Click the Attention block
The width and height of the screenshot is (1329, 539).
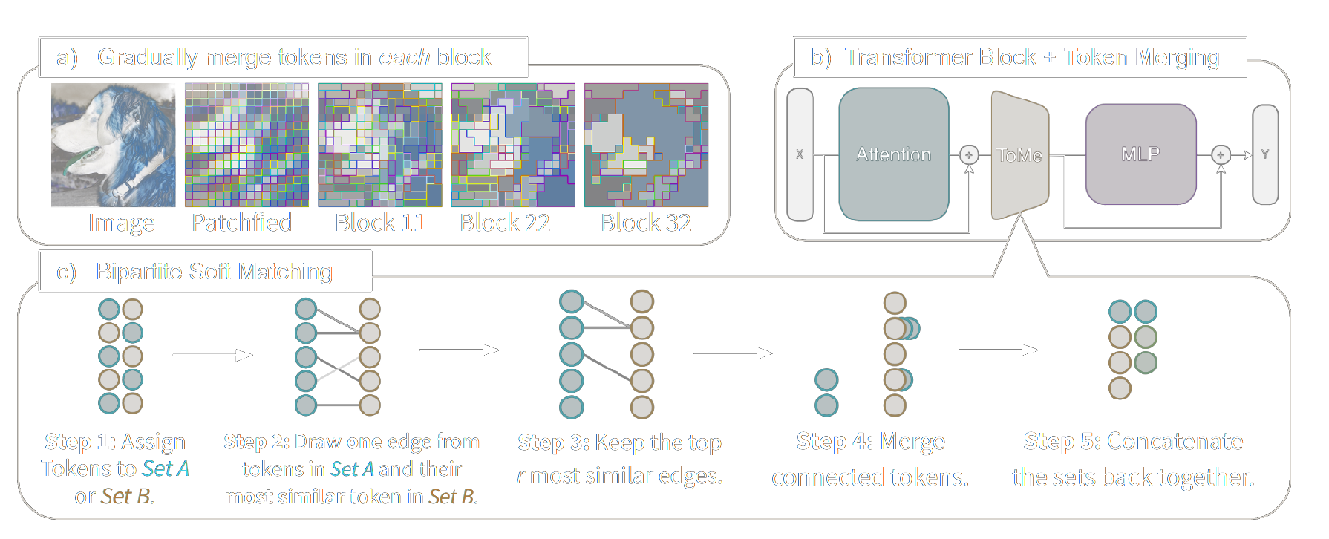pos(893,154)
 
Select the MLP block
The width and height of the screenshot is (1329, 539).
pos(1140,154)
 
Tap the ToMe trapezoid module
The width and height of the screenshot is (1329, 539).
pos(1019,155)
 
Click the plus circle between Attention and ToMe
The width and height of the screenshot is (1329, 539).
pos(968,154)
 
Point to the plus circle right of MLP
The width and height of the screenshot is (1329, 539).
pos(1221,154)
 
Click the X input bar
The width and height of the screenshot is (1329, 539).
pos(800,154)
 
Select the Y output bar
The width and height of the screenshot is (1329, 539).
pos(1265,154)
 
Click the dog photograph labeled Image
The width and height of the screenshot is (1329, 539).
pos(113,145)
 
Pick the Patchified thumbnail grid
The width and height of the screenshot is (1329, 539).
pos(246,145)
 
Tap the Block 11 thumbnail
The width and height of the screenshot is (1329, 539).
pos(379,145)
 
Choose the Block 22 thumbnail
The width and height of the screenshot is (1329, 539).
pos(513,145)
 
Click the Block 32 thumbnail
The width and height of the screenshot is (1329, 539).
pos(646,145)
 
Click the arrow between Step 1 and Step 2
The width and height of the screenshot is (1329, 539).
pos(212,356)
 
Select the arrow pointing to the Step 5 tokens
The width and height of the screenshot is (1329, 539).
pos(998,350)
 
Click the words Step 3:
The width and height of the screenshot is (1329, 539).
pos(554,442)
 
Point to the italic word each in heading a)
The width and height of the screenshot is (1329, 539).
pos(404,57)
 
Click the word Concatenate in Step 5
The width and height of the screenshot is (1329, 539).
pos(1175,441)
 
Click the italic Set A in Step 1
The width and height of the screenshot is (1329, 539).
pos(166,468)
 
